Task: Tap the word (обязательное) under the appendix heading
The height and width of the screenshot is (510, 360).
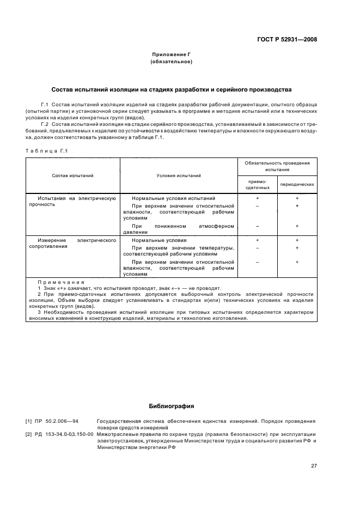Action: [x=171, y=62]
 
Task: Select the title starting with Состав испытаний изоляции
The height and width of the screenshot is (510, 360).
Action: [x=171, y=89]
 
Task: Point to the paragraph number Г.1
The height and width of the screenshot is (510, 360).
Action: [x=45, y=104]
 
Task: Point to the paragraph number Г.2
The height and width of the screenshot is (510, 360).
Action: [x=45, y=124]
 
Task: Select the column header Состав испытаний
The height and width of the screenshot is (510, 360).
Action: [x=72, y=175]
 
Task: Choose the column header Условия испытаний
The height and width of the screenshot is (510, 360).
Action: [x=179, y=175]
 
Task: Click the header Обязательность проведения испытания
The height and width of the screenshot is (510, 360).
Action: [x=277, y=166]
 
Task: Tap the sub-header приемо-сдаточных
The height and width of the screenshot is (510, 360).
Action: [x=257, y=184]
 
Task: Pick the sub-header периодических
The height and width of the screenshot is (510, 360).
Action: [x=297, y=184]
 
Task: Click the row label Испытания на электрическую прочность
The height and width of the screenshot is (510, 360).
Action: [x=72, y=202]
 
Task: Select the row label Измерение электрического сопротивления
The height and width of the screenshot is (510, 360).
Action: [x=72, y=243]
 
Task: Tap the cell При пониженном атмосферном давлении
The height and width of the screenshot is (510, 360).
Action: [x=179, y=229]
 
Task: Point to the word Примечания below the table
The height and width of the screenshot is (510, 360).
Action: [x=61, y=282]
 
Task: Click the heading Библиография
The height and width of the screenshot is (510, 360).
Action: [x=172, y=406]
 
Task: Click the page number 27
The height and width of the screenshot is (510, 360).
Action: [x=314, y=465]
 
